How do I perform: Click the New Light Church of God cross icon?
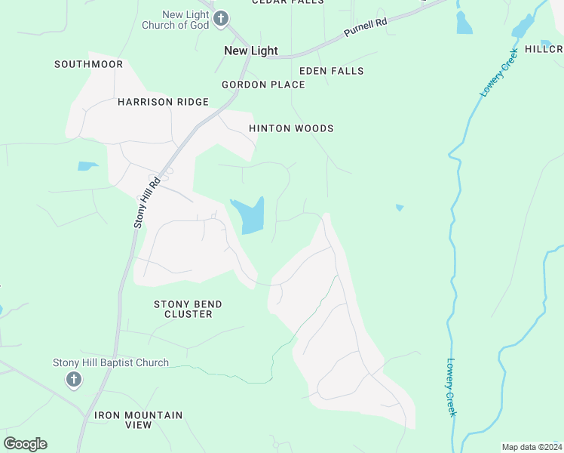pos(220,19)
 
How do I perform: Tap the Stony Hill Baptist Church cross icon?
pos(74,379)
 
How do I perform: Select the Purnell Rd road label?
pos(366,28)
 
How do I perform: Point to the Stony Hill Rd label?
pos(148,202)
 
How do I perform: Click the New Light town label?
pos(251,51)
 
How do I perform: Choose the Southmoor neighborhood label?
pos(88,64)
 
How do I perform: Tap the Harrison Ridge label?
pos(163,102)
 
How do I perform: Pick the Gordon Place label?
pos(263,85)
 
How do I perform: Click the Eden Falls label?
pos(332,71)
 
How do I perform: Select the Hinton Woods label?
pos(291,128)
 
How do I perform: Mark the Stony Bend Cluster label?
pos(188,309)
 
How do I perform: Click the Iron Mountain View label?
pos(139,420)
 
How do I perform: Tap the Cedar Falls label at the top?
pos(287,2)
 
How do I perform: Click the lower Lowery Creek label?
pos(452,387)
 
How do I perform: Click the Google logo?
pos(25,444)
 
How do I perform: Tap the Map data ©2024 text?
pos(532,447)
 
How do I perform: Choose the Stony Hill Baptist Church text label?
pos(111,363)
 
